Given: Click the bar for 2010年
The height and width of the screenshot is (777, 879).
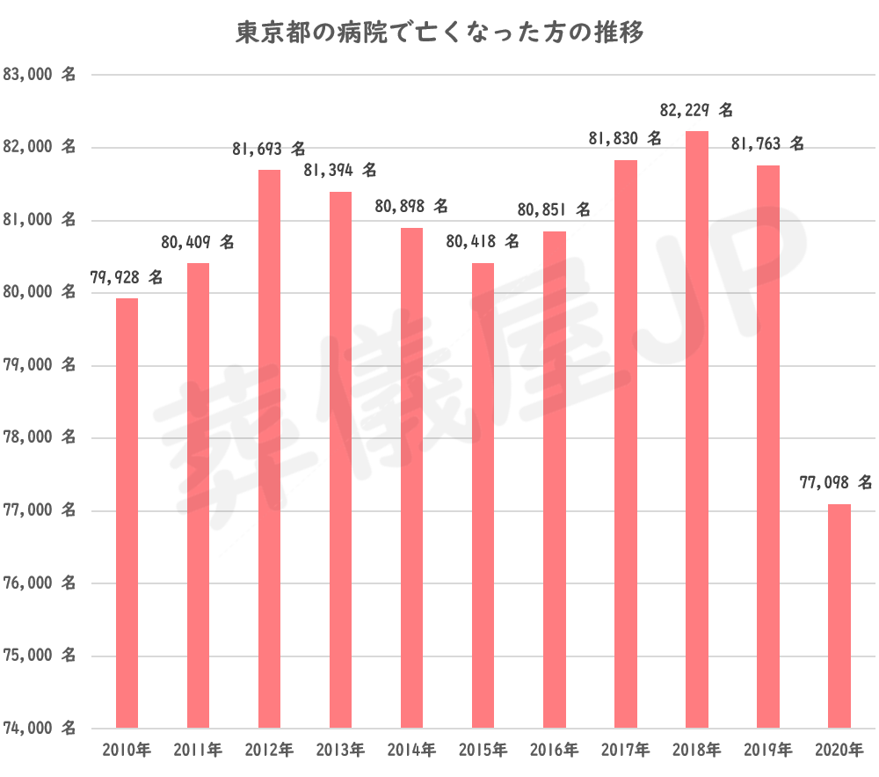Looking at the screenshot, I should point(127,513).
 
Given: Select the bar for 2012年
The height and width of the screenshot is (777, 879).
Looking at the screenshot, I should point(269,449).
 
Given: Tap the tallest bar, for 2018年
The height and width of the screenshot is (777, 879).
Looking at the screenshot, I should point(697,429).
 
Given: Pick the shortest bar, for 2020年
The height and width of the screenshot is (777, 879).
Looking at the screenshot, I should point(839,616).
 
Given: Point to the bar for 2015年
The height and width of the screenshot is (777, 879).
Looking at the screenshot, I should point(483,495).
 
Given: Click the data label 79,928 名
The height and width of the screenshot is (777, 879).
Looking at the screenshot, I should point(127,277).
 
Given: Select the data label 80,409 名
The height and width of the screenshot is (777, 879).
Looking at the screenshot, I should point(198,241).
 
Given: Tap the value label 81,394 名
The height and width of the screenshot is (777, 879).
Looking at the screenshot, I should point(340,169).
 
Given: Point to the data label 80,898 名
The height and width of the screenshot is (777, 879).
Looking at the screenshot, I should point(411,206).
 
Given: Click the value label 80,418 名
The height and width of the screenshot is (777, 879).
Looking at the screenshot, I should point(483,240).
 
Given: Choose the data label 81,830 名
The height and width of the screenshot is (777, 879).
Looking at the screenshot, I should point(626,138).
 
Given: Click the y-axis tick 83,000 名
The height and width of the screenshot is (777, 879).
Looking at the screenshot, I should point(40,76).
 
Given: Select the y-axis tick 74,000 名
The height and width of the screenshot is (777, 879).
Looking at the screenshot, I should point(40,729).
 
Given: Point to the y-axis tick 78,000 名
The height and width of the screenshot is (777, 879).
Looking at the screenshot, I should point(40,438).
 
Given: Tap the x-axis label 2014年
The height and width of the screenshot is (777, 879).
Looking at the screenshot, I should point(411,751).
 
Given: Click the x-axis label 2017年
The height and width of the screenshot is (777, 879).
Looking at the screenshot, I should point(626,751).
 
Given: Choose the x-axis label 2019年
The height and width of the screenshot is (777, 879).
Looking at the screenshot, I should point(768,751).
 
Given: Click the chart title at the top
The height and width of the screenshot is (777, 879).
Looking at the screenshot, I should point(440,33).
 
